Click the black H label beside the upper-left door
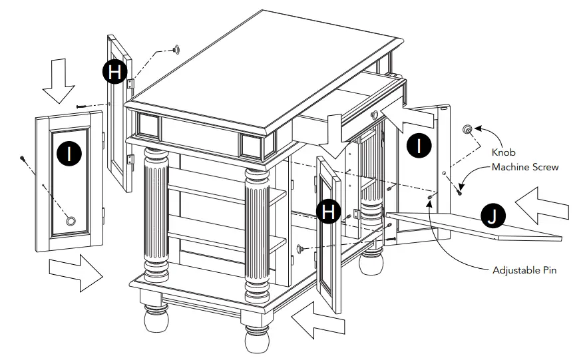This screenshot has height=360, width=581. pyautogui.click(x=115, y=72)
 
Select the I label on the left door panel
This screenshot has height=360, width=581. pyautogui.click(x=67, y=154)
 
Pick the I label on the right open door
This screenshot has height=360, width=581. pyautogui.click(x=419, y=145)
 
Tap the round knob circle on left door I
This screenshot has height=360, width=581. pyautogui.click(x=70, y=220)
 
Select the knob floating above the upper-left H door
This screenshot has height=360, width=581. pyautogui.click(x=177, y=49)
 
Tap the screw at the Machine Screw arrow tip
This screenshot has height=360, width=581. pyautogui.click(x=459, y=192)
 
